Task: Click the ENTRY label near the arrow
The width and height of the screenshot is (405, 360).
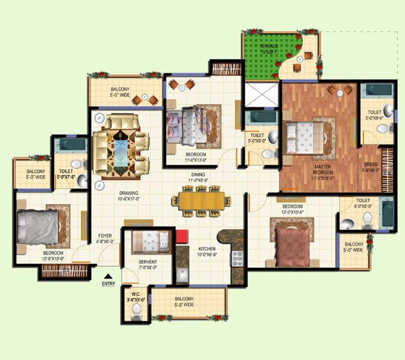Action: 108,284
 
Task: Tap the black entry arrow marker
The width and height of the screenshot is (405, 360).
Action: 108,276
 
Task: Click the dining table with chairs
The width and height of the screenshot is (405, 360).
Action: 201,201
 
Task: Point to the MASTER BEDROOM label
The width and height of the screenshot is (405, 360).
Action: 323,170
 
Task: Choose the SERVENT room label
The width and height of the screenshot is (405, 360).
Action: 148,262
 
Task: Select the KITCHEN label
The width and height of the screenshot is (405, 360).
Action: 207,249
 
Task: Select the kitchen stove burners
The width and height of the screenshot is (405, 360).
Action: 237,258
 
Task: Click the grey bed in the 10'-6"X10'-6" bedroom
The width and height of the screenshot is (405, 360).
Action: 37,226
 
